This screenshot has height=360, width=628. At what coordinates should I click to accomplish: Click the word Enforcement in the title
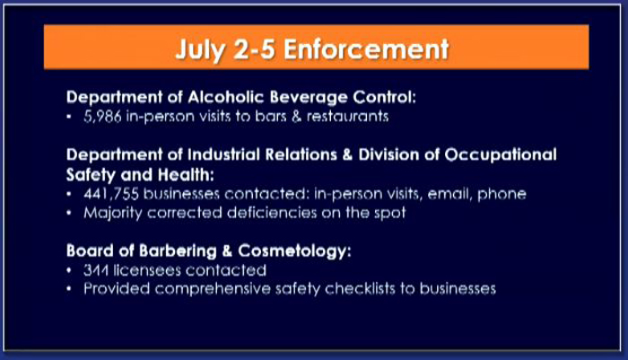[x=366, y=48]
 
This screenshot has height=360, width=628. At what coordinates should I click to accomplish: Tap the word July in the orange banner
[x=198, y=50]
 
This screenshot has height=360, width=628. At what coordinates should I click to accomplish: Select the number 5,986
[x=102, y=117]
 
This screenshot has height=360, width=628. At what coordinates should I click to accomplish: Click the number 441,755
[x=111, y=194]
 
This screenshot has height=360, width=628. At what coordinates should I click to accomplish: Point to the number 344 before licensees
[x=96, y=270]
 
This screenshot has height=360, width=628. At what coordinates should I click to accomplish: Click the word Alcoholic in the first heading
[x=225, y=97]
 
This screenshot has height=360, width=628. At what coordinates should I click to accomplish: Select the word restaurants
[x=348, y=116]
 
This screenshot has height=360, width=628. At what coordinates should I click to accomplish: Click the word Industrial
[x=224, y=154]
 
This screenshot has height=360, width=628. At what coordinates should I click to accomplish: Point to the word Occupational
[x=501, y=155]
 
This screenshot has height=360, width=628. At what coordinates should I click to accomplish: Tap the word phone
[x=502, y=195]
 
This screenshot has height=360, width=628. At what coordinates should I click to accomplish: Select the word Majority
[x=112, y=213]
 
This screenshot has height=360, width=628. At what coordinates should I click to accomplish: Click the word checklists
[x=360, y=289]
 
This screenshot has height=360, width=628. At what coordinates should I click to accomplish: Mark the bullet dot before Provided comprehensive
[x=69, y=289]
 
